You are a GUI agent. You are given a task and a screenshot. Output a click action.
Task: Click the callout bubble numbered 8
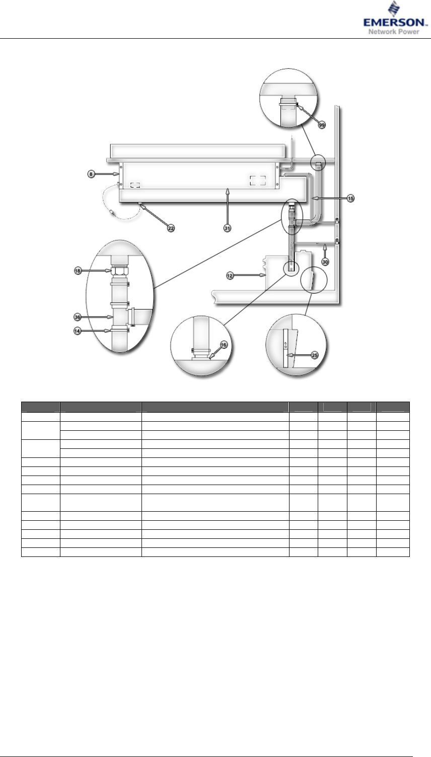tap(91, 174)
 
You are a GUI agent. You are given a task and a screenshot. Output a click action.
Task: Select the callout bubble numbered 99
tap(322, 125)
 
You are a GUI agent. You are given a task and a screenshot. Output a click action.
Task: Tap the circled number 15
tap(350, 199)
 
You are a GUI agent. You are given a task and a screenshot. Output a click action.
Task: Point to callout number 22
tap(171, 228)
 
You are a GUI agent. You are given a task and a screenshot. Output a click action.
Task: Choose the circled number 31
tap(227, 228)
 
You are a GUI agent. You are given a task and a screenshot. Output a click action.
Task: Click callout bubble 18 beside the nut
tap(78, 271)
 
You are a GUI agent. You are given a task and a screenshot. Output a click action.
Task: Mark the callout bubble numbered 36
tap(78, 317)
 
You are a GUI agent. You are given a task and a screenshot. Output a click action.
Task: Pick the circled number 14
tap(78, 331)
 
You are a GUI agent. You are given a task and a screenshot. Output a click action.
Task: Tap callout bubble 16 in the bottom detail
tap(224, 345)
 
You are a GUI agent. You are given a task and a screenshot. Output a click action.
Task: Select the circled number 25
tap(315, 355)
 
